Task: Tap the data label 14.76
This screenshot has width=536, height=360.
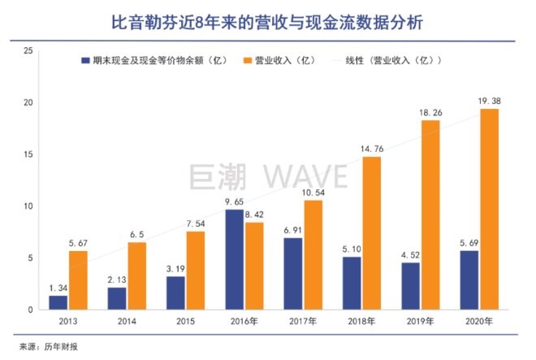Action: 371,147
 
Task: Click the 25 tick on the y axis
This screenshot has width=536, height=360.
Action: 29,50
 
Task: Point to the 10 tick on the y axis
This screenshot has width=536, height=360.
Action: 29,206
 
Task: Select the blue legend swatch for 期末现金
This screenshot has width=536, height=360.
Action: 85,60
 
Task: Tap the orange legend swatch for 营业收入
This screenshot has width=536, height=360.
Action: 249,60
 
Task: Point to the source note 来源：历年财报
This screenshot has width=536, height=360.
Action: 47,346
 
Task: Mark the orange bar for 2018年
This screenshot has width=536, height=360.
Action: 370,233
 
